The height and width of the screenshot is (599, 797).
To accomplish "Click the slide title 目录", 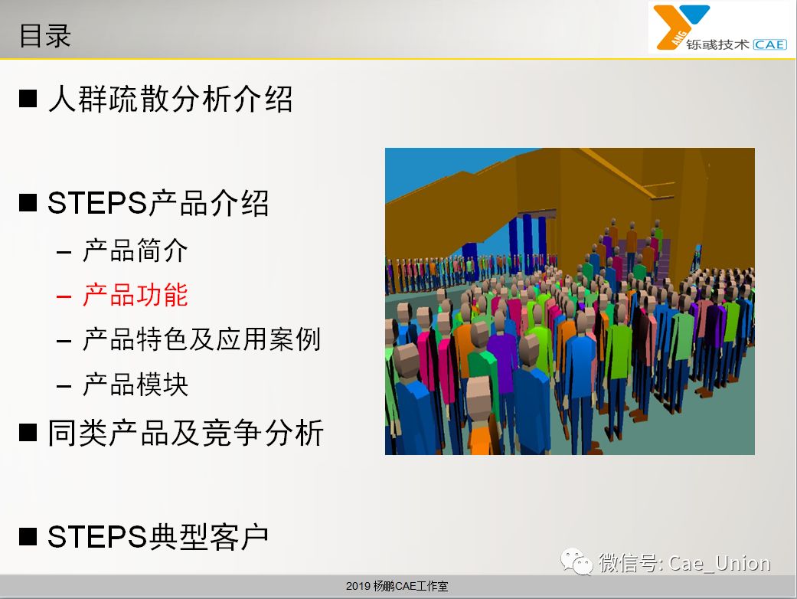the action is [44, 35].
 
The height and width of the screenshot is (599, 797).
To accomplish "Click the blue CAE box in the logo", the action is [769, 44].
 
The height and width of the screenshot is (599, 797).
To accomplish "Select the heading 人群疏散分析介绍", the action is [170, 98].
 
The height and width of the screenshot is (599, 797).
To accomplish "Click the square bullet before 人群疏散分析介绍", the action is [28, 99].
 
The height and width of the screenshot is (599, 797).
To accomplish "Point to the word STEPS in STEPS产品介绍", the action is [97, 203].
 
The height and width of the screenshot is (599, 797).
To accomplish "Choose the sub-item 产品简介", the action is [136, 250].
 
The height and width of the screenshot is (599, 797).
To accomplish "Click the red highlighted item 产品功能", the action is [136, 295].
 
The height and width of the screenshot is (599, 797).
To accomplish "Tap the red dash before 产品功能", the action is [64, 296].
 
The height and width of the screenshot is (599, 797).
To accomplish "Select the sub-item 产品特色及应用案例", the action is [202, 339].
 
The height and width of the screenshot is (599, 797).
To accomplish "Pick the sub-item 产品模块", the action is [136, 384].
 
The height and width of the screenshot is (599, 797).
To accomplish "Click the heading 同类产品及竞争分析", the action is [185, 433].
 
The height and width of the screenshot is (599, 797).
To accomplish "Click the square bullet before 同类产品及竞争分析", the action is [28, 433].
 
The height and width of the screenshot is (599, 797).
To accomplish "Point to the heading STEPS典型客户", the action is [158, 536].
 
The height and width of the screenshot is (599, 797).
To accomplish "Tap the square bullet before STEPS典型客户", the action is [28, 536].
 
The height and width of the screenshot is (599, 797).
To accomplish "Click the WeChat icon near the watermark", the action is [577, 561].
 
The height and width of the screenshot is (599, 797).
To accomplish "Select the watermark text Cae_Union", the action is [719, 564].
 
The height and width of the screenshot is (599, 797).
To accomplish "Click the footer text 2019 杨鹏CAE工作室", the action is [397, 586].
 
